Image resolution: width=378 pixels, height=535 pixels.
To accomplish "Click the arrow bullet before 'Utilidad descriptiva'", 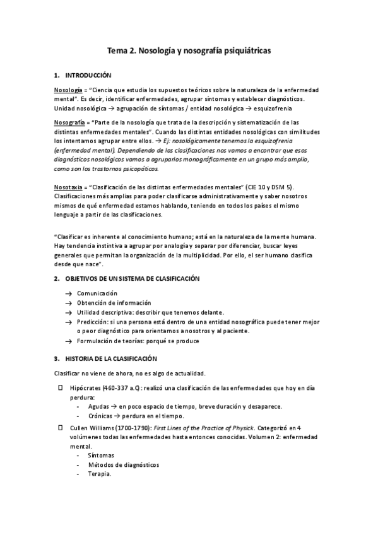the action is [68, 312].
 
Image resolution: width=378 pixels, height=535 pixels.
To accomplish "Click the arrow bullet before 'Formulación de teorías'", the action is [68, 341].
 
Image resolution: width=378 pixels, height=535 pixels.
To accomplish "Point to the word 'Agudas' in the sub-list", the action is [98, 407].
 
